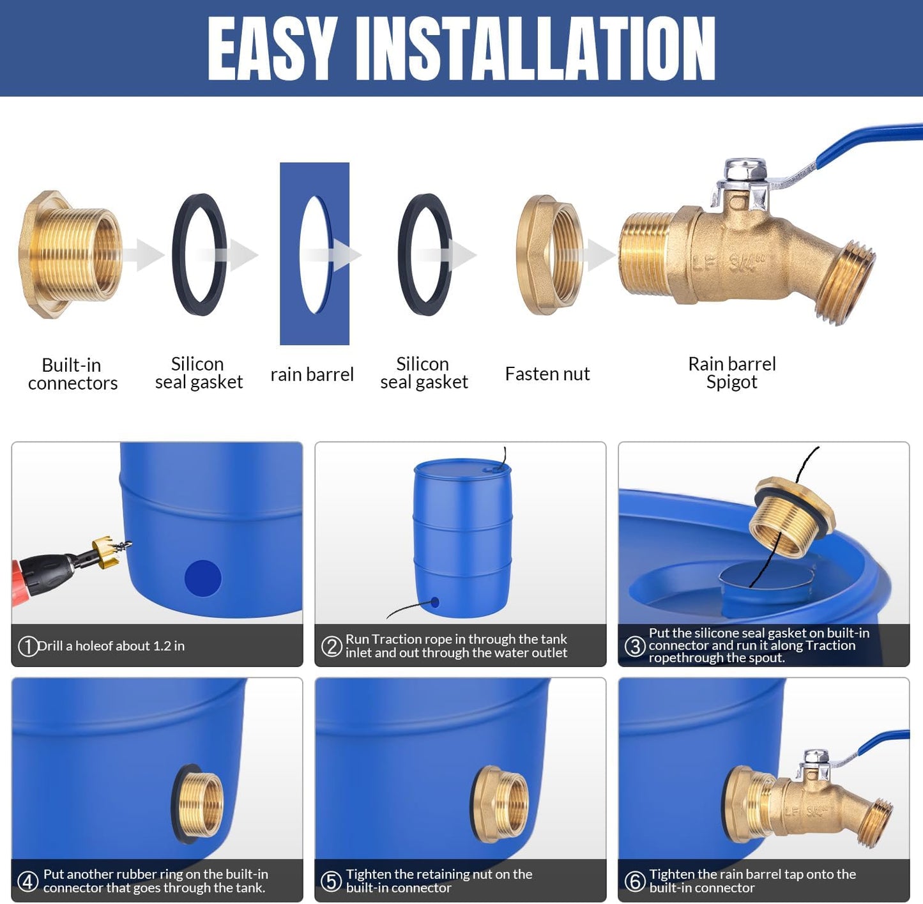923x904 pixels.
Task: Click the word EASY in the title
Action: pyautogui.click(x=272, y=49)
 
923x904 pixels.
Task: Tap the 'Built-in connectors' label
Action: pyautogui.click(x=72, y=374)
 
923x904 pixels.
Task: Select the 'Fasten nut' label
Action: pyautogui.click(x=547, y=374)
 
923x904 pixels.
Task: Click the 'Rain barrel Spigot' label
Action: pyautogui.click(x=731, y=372)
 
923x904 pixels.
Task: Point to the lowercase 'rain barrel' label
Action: pyautogui.click(x=312, y=374)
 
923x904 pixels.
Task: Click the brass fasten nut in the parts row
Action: pyautogui.click(x=549, y=255)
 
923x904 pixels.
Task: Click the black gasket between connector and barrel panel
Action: pyautogui.click(x=199, y=255)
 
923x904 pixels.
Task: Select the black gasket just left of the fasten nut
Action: pyautogui.click(x=425, y=255)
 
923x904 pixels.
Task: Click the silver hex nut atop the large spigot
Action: pyautogui.click(x=745, y=171)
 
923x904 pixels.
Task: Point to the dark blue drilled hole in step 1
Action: pyautogui.click(x=202, y=578)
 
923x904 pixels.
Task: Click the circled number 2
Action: pyautogui.click(x=332, y=647)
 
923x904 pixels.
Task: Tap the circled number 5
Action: pyautogui.click(x=331, y=882)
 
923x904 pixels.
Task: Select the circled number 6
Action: pyautogui.click(x=634, y=882)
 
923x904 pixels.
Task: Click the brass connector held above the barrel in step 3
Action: pyautogui.click(x=791, y=517)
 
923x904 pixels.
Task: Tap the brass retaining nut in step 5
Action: pyautogui.click(x=501, y=802)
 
